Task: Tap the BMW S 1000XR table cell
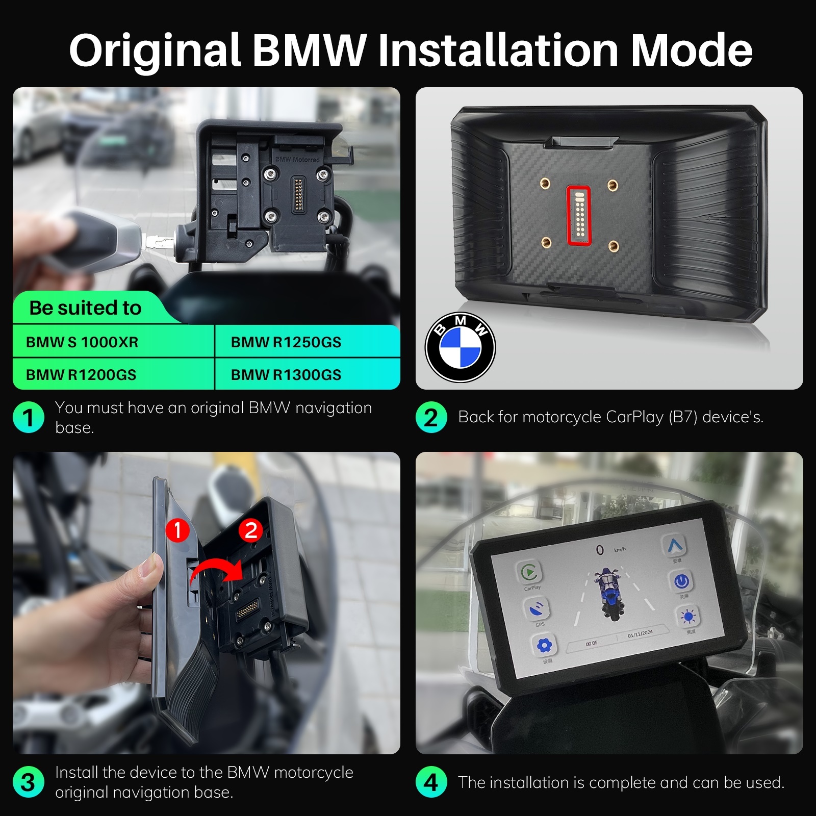click(x=82, y=342)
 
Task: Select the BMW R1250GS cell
click(x=286, y=342)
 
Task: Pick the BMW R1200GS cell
click(x=81, y=374)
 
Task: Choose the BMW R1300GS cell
click(x=286, y=374)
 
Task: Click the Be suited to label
click(x=85, y=308)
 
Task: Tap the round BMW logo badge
click(x=460, y=347)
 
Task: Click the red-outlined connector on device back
click(x=578, y=215)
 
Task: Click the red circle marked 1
click(x=177, y=530)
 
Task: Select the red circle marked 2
click(x=250, y=530)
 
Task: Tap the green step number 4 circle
click(x=431, y=782)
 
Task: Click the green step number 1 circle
click(x=28, y=417)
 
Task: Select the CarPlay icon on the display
click(x=529, y=572)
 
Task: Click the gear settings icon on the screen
click(x=544, y=646)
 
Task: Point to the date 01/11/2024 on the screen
click(x=640, y=633)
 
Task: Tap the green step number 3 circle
click(x=28, y=782)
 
